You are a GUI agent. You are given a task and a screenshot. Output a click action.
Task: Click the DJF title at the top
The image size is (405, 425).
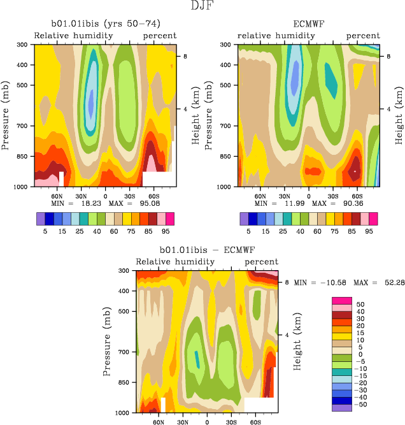click(202, 7)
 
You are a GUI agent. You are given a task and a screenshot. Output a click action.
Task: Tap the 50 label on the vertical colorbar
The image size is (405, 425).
click(360, 305)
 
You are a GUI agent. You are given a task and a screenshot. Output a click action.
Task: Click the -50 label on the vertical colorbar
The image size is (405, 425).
click(362, 404)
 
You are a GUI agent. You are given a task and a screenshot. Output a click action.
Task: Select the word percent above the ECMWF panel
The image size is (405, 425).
click(363, 36)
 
